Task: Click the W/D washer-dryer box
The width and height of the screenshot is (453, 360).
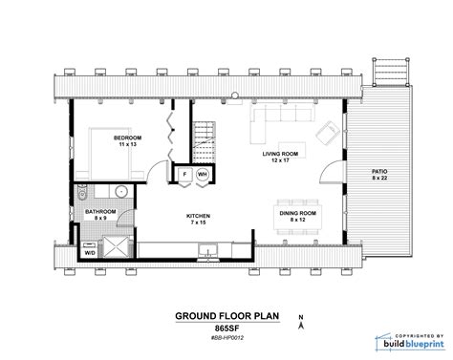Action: (90, 253)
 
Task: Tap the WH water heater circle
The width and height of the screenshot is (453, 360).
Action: (203, 176)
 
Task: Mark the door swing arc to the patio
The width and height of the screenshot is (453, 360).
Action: (330, 174)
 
